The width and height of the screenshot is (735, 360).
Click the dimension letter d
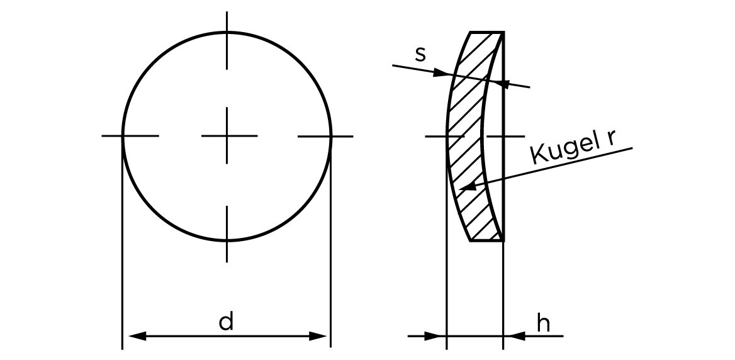tap(226, 322)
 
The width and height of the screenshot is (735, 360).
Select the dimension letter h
tap(543, 323)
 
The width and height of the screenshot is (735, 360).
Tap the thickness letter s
tap(420, 55)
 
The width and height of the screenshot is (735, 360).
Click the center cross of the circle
tap(227, 136)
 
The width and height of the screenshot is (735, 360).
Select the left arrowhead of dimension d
tap(137, 336)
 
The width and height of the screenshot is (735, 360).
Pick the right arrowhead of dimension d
tap(317, 336)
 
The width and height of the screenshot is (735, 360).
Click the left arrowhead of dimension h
tap(432, 336)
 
